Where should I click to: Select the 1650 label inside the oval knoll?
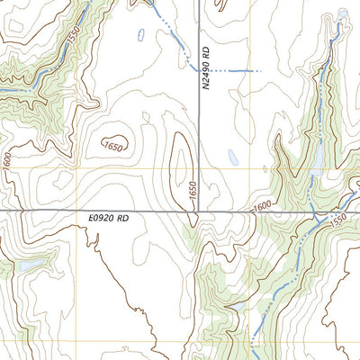[113, 144]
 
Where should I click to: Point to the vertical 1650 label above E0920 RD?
[192, 191]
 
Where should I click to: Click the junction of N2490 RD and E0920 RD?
[199, 211]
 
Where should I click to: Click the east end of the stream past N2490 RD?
[259, 70]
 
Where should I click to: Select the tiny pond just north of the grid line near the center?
[232, 157]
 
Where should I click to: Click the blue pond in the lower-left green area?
[25, 267]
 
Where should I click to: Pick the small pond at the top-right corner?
[343, 13]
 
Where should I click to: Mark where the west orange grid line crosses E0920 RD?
[77, 211]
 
